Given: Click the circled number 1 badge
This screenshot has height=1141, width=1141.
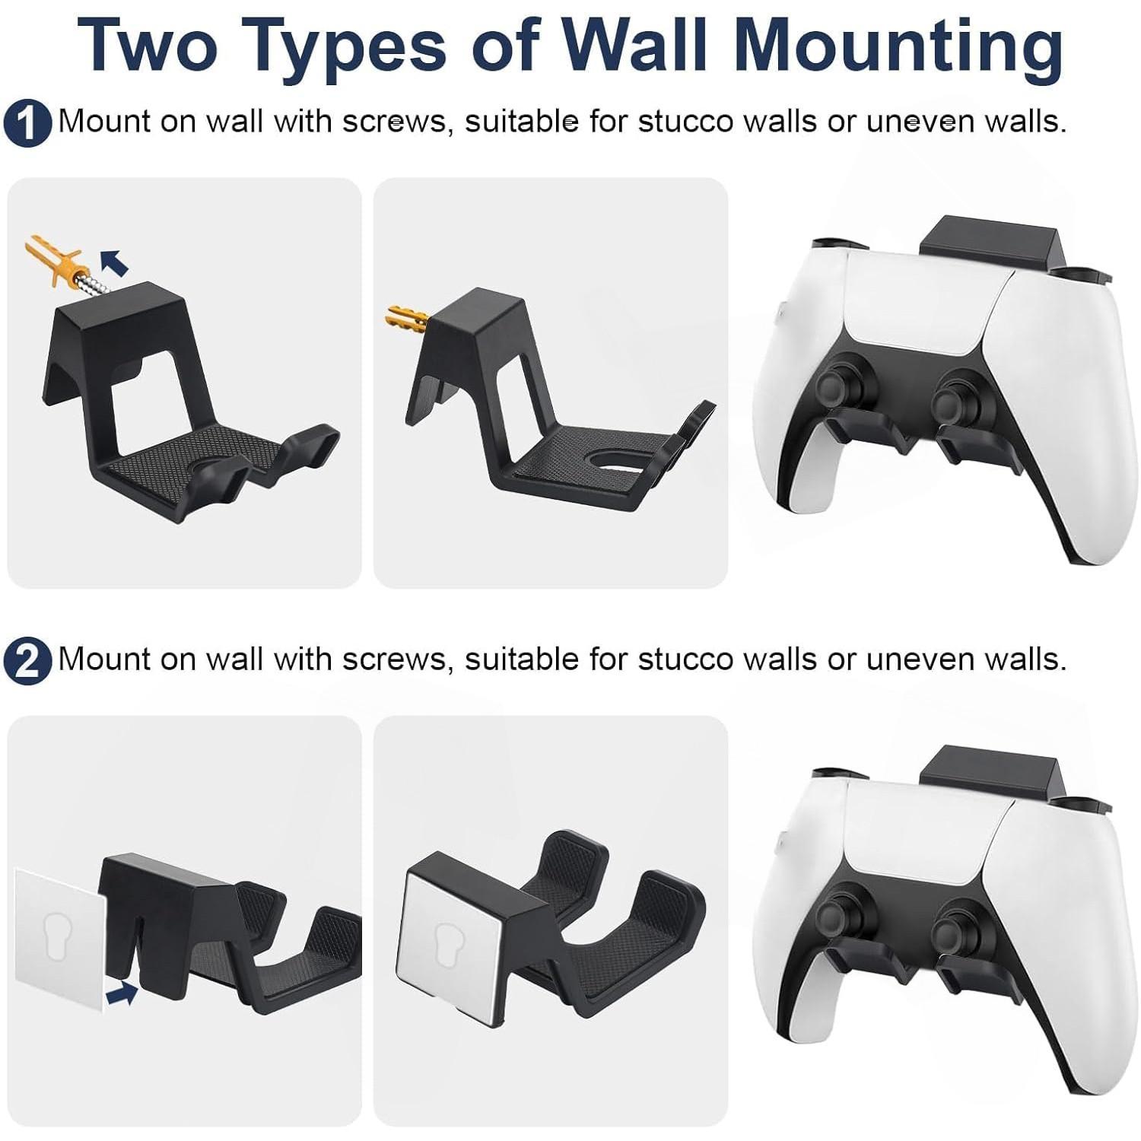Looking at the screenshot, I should pyautogui.click(x=27, y=124).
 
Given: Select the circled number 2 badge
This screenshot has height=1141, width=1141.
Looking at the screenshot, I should pyautogui.click(x=27, y=662).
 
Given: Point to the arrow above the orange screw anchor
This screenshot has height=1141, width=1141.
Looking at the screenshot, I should pyautogui.click(x=115, y=262).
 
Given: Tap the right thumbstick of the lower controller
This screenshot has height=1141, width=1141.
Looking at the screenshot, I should pyautogui.click(x=957, y=920).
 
